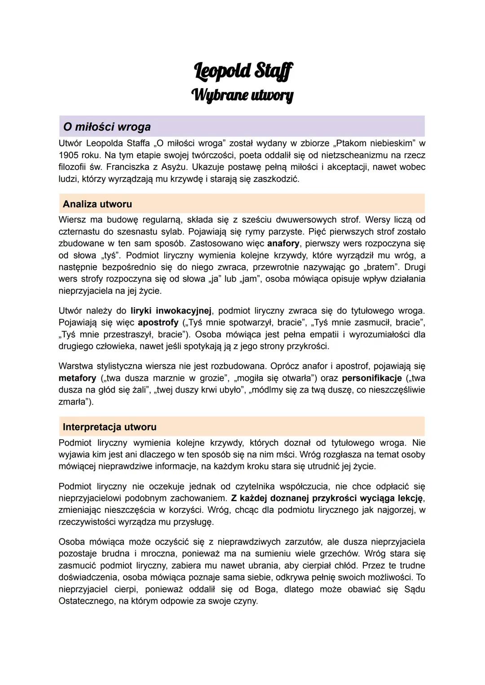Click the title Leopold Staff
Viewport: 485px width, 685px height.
point(243,71)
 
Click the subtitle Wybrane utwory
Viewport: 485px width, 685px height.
point(242,95)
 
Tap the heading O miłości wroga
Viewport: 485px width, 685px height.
point(107,127)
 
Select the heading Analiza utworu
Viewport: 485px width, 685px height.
point(97,204)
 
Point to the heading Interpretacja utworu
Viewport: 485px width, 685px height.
point(110,427)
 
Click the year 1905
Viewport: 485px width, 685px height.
point(69,155)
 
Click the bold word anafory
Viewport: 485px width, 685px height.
point(283,243)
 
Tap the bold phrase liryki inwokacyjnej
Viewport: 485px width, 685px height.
point(171,311)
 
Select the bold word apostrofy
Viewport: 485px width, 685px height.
point(158,323)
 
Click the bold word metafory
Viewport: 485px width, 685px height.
point(77,378)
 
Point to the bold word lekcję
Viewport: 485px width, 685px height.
point(410,498)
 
